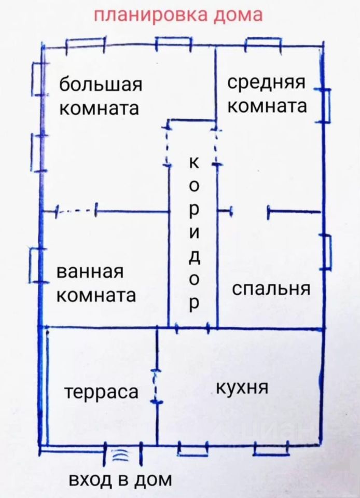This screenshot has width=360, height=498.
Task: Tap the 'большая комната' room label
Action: pyautogui.click(x=100, y=96)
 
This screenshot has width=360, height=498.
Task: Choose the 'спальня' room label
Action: pyautogui.click(x=271, y=288)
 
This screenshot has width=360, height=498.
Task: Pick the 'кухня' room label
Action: pyautogui.click(x=242, y=388)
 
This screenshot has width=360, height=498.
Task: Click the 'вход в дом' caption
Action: pyautogui.click(x=120, y=479)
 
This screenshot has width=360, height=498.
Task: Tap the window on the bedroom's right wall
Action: pyautogui.click(x=326, y=252)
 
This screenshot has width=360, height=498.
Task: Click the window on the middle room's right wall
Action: pyautogui.click(x=325, y=106)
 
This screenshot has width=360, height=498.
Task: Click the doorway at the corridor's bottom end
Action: pyautogui.click(x=193, y=328)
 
